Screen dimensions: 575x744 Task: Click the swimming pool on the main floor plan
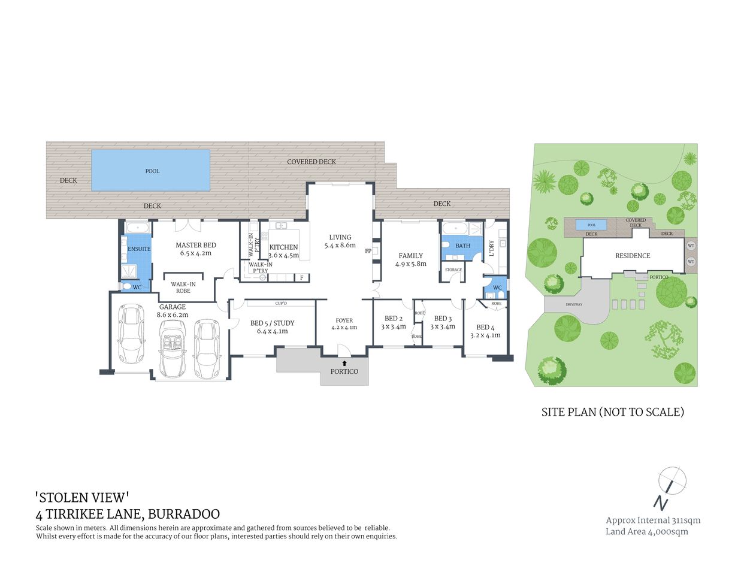tap(150, 171)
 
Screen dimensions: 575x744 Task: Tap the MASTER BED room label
tap(196, 245)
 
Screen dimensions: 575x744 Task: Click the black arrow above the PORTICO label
tap(344, 363)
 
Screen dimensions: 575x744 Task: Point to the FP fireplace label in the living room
tap(368, 251)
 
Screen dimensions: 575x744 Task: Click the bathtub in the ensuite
tap(137, 228)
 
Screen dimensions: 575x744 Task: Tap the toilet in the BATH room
tap(445, 245)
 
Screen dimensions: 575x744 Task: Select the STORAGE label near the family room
tap(453, 270)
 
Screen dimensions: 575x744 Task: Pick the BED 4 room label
tap(485, 328)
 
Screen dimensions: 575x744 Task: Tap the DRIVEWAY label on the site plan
tap(574, 304)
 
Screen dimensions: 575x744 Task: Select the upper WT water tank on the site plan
tap(691, 246)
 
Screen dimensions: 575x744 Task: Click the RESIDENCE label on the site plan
tap(633, 256)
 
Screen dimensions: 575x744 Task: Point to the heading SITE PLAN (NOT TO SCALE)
tap(612, 412)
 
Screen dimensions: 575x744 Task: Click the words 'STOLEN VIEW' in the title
tap(83, 497)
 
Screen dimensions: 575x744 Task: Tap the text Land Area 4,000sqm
tap(647, 531)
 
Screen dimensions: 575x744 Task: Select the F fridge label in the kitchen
tap(301, 277)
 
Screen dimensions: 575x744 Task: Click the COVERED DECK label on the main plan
tap(311, 162)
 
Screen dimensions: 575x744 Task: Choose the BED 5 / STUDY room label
tap(272, 323)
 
